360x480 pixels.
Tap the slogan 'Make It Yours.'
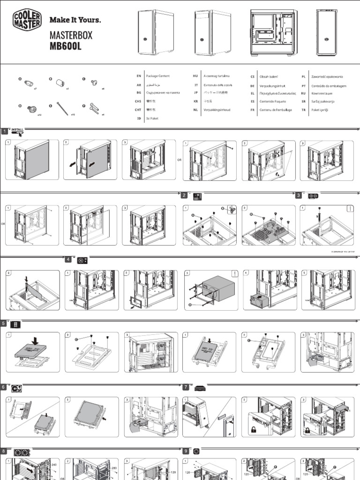click(x=75, y=20)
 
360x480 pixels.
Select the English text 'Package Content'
click(x=158, y=76)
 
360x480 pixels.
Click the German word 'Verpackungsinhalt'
click(x=273, y=86)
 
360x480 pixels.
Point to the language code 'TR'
click(x=304, y=110)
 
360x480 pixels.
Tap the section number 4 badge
click(x=68, y=259)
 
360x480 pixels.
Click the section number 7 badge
click(x=186, y=387)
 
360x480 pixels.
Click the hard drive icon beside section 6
click(x=16, y=388)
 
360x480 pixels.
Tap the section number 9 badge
click(x=186, y=451)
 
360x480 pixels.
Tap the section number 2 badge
click(x=185, y=195)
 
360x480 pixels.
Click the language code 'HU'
click(x=195, y=76)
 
